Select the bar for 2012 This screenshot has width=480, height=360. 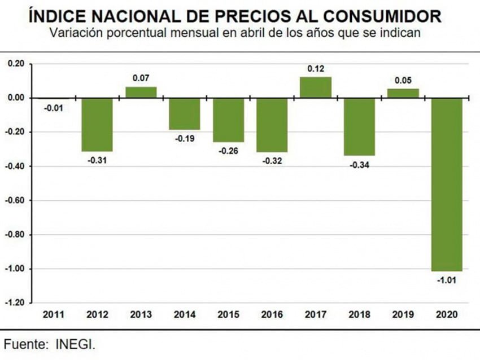pos(97,125)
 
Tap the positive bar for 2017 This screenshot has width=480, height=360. pos(316,87)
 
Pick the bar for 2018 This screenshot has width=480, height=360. pos(359,127)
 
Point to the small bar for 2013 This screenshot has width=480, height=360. pos(141,93)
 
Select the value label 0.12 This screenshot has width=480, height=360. pos(316,69)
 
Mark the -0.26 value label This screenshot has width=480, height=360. pos(228,151)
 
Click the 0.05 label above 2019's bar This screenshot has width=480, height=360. pos(403,80)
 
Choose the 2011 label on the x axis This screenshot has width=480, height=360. pos(54,314)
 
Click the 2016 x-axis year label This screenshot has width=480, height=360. pos(272,314)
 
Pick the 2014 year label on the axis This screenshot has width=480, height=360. pos(185,314)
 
